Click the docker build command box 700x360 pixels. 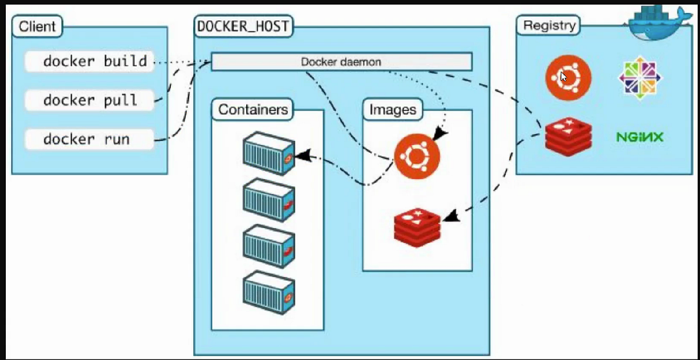(x=90, y=61)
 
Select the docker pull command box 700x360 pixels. (x=90, y=100)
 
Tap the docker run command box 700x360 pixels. (x=90, y=139)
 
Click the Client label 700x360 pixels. (x=37, y=26)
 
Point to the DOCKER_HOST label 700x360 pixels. (x=244, y=26)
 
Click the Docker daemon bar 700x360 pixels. (x=341, y=61)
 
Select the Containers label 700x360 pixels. (x=253, y=109)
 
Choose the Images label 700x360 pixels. (x=393, y=109)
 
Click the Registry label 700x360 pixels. (x=549, y=26)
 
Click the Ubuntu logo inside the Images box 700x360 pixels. (x=416, y=156)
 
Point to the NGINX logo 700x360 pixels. (x=639, y=138)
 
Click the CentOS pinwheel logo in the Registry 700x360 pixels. (x=640, y=76)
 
